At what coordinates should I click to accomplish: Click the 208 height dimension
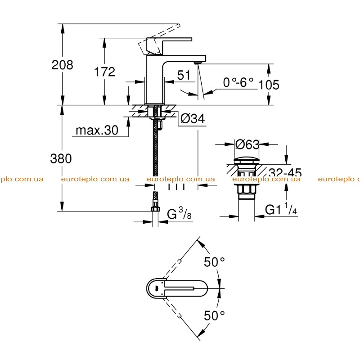coord(62,65)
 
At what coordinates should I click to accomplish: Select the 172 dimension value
coord(104,72)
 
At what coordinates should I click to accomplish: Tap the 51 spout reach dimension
coord(184,75)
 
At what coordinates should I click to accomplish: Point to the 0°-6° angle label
coord(238,82)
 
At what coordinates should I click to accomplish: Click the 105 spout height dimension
coord(269,85)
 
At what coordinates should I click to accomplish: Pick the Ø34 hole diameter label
coord(193,119)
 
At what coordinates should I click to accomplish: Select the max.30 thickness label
coord(97,130)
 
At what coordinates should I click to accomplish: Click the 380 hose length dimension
coord(61,159)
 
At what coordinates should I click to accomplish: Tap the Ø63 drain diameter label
coord(247,144)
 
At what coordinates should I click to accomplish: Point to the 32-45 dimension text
coord(285,172)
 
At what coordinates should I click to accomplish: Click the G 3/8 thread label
coord(179,213)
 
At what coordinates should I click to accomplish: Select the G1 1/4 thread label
coord(281,209)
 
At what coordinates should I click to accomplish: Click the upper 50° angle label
coord(214,262)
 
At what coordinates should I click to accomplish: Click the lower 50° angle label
coord(214,315)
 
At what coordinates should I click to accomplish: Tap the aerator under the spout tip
coord(198,63)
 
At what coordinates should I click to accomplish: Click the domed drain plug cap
coord(247,160)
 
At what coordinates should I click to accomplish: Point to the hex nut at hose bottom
coord(155,208)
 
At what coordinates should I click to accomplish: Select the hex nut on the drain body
coord(247,189)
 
